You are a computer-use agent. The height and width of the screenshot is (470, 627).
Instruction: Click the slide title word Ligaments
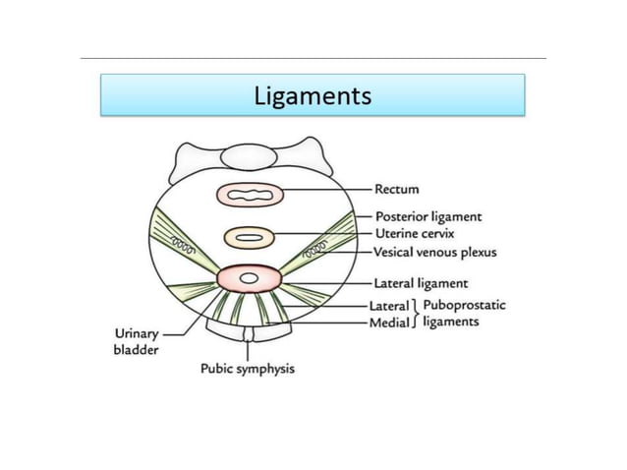(313, 95)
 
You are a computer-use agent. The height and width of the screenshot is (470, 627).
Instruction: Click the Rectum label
(396, 189)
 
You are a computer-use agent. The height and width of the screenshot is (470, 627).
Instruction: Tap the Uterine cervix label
(414, 233)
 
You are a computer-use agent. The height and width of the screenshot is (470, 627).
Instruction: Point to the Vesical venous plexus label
(435, 252)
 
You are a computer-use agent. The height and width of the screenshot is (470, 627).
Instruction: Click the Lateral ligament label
(421, 283)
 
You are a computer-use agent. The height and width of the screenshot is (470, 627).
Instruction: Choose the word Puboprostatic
(463, 305)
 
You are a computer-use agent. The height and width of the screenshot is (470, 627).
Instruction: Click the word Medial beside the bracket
(389, 322)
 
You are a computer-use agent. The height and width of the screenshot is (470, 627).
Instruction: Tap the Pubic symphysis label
(248, 369)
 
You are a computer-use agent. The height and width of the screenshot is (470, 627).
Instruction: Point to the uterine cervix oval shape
(250, 237)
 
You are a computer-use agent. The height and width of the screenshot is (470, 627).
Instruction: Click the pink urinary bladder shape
(250, 279)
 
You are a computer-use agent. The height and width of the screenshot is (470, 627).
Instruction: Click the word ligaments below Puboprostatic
(451, 322)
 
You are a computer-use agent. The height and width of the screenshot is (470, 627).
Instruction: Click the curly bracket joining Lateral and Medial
(416, 313)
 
